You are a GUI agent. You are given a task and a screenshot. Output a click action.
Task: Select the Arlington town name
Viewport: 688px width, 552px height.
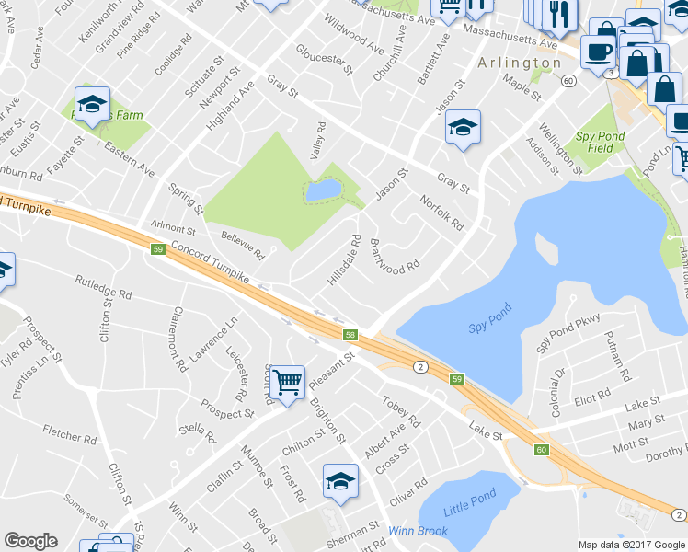click(519, 63)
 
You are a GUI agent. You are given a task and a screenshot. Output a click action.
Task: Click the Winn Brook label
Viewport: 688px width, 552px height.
click(418, 531)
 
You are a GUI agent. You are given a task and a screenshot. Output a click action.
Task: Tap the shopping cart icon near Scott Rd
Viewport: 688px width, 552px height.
click(288, 381)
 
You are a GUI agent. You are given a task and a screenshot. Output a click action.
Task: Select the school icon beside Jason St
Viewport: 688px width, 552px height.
click(463, 127)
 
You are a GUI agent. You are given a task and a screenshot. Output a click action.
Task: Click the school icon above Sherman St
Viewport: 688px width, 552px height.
click(340, 481)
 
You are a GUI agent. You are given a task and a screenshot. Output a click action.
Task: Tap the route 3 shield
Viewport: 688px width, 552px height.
click(610, 72)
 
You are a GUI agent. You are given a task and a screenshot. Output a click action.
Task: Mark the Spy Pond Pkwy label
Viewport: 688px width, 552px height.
click(568, 331)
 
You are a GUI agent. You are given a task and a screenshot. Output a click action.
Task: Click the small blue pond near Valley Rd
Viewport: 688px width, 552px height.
click(323, 190)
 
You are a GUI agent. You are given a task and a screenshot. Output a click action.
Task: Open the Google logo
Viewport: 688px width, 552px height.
click(30, 541)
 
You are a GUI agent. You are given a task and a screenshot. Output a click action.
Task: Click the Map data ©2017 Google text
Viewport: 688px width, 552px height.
click(631, 545)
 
